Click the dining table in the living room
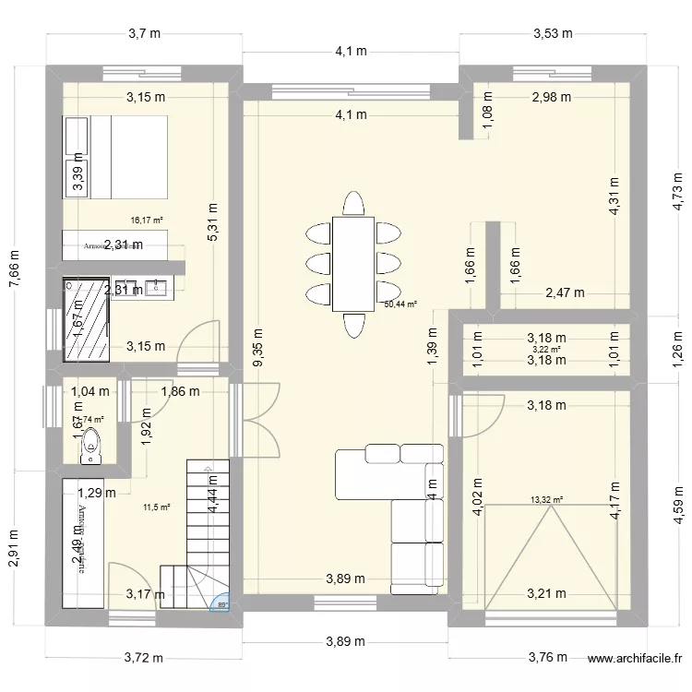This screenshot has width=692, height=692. coord(352,264)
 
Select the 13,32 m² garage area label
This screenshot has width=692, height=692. coord(546,499)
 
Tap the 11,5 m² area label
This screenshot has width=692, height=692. coord(156,507)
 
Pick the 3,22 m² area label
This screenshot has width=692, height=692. coord(546,349)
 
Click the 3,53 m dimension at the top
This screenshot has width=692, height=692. coord(553,34)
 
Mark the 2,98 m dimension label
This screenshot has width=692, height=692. coord(551,96)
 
